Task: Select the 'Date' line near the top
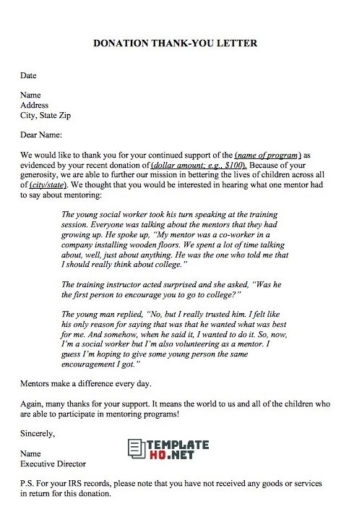[x=29, y=74]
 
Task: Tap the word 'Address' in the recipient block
[x=36, y=104]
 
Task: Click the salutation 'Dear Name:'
[x=41, y=135]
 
